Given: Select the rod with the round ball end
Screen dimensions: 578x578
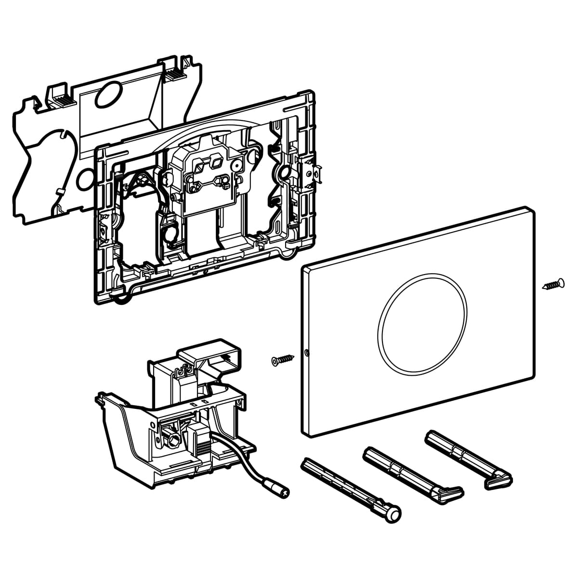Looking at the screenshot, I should (x=352, y=490).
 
